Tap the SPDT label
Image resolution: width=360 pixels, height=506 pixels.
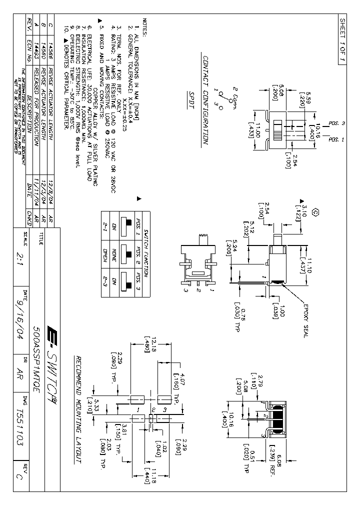pos(193,100)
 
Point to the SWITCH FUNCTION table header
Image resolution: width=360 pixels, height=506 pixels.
pos(145,255)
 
